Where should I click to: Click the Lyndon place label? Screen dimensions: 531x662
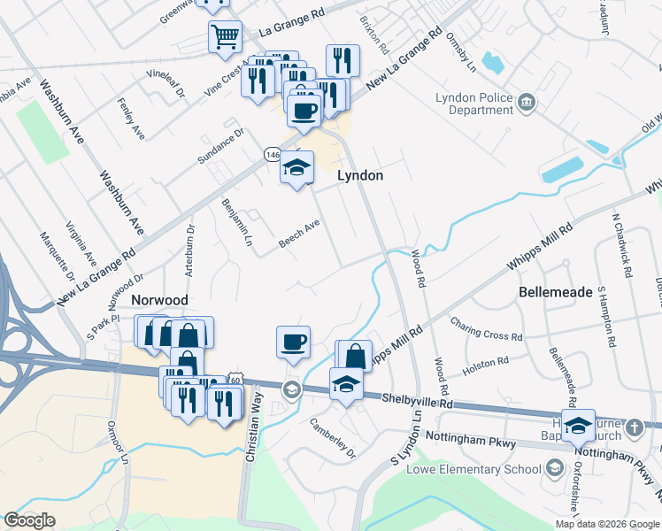pos(360,175)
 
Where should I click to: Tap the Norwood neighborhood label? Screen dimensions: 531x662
pos(159,301)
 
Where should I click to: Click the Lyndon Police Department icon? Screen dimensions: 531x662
pos(527,104)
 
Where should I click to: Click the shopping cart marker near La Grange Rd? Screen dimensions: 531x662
pos(226,37)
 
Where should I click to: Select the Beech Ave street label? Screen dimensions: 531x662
pos(299,231)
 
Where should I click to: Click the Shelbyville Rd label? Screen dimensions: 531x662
pos(417,401)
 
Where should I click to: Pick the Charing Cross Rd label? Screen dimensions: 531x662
pos(486,329)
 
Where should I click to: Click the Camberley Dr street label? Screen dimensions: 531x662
pos(332,439)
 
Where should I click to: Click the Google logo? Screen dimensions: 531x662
pos(30,520)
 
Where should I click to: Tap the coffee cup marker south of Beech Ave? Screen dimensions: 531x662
pos(293,342)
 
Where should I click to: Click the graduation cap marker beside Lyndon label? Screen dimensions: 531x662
pos(296,166)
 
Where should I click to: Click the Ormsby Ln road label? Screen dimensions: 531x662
pos(463,54)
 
